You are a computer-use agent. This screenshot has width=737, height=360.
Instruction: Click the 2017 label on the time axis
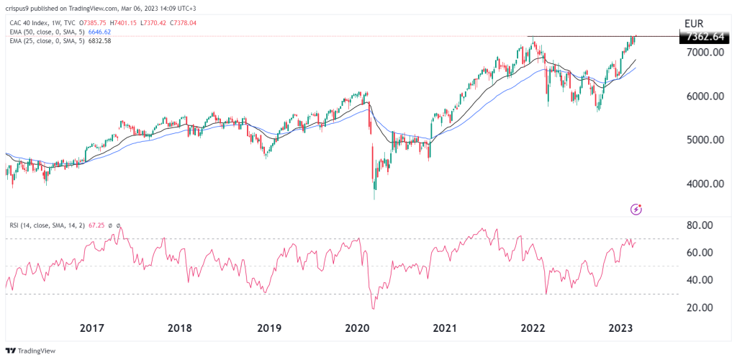pos(91,328)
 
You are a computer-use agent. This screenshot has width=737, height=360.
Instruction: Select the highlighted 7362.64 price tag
pos(706,37)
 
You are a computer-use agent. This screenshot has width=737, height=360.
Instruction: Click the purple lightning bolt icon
pos(636,209)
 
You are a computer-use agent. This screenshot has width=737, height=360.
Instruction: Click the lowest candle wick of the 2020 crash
pos(374,199)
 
